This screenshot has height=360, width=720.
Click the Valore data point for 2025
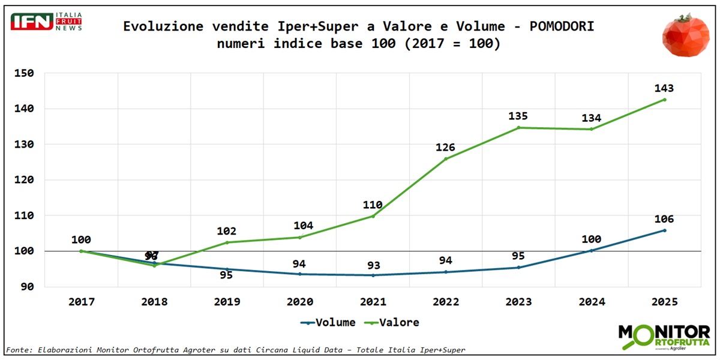pyautogui.click(x=664, y=100)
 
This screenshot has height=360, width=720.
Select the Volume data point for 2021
pyautogui.click(x=373, y=275)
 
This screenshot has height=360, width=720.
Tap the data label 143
pyautogui.click(x=664, y=88)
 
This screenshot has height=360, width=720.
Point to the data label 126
pyautogui.click(x=445, y=147)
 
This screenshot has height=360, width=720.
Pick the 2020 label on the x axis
pyautogui.click(x=300, y=302)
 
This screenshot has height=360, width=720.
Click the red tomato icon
pyautogui.click(x=686, y=35)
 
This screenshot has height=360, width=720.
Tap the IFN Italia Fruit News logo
pyautogui.click(x=46, y=22)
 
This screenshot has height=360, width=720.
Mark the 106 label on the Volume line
pyautogui.click(x=664, y=218)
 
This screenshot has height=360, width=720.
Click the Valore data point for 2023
pyautogui.click(x=518, y=128)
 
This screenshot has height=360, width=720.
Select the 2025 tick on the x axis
pyautogui.click(x=664, y=302)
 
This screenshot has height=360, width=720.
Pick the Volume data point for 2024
pyautogui.click(x=591, y=251)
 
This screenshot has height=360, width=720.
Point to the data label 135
pyautogui.click(x=518, y=116)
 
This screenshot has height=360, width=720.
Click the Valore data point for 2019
pyautogui.click(x=227, y=242)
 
